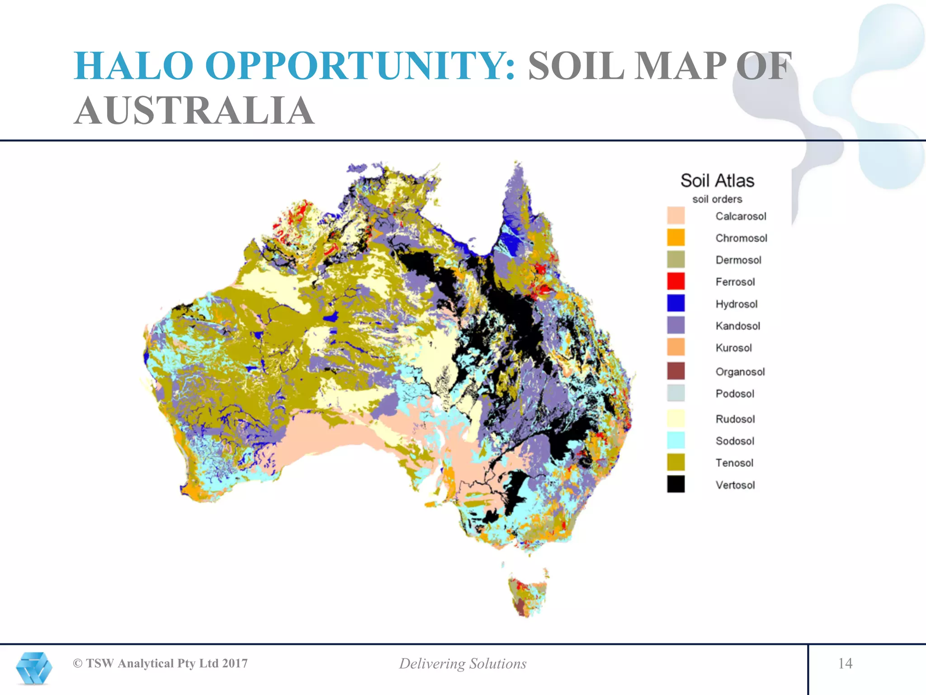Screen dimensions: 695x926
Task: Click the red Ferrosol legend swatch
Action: (x=676, y=281)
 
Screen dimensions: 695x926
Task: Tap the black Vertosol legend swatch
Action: (x=676, y=484)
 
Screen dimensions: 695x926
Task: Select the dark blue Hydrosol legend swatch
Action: (x=676, y=303)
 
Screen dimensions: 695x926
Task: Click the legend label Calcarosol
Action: (x=741, y=216)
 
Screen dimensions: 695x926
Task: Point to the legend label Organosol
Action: (x=740, y=372)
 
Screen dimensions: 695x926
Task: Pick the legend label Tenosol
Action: (x=734, y=463)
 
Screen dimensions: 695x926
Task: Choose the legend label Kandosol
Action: (x=737, y=326)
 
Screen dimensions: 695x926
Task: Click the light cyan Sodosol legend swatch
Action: (x=676, y=440)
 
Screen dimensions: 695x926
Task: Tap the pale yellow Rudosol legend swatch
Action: (x=676, y=419)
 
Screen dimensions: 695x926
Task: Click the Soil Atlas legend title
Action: (x=717, y=181)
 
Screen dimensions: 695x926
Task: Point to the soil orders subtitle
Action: (x=717, y=199)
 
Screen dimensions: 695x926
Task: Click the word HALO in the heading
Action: (x=134, y=66)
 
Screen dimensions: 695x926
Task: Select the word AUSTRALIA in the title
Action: (x=194, y=111)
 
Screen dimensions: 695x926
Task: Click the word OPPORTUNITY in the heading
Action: (x=360, y=66)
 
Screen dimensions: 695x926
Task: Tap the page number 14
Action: (x=845, y=663)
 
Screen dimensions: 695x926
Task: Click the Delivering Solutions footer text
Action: (x=463, y=664)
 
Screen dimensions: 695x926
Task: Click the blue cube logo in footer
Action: (x=34, y=668)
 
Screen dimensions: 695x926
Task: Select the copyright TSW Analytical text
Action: (x=161, y=663)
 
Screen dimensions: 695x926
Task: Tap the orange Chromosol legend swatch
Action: (x=676, y=237)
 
